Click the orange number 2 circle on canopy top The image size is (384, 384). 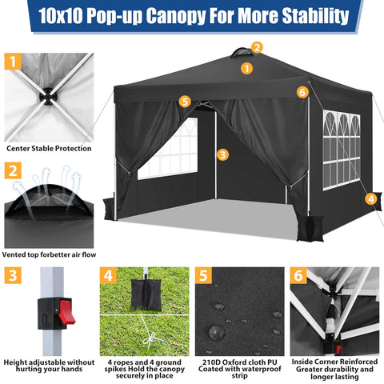(x=257, y=47)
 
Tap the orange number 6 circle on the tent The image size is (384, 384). (x=302, y=92)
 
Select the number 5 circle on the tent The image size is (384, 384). (x=186, y=102)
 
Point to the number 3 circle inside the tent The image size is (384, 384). (x=222, y=154)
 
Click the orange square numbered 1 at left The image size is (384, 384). (x=12, y=61)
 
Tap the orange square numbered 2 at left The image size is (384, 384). (x=12, y=170)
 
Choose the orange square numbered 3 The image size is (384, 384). (x=12, y=276)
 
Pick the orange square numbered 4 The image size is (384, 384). (x=106, y=276)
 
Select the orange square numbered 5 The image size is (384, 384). (x=203, y=276)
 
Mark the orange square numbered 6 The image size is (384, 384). (x=299, y=276)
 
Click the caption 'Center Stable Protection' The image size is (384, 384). (x=49, y=148)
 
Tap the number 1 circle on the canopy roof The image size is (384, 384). (x=246, y=69)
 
